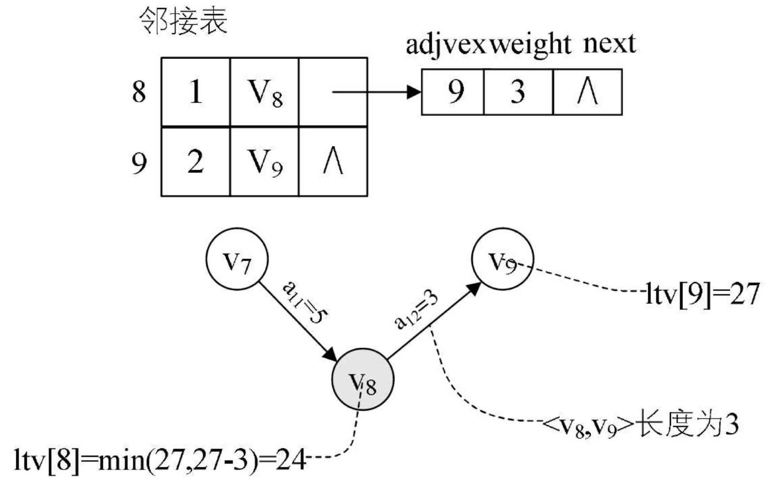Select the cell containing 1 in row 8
(x=195, y=92)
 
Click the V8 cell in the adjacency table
(x=264, y=92)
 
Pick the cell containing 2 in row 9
(x=195, y=162)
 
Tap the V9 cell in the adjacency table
(x=264, y=162)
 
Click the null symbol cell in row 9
(x=333, y=162)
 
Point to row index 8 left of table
(x=139, y=92)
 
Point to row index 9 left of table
(x=139, y=163)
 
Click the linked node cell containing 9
(x=453, y=92)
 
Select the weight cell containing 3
(x=518, y=92)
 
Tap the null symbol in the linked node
(x=587, y=92)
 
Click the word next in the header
(x=609, y=44)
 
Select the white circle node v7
(x=237, y=260)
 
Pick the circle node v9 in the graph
(x=502, y=259)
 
